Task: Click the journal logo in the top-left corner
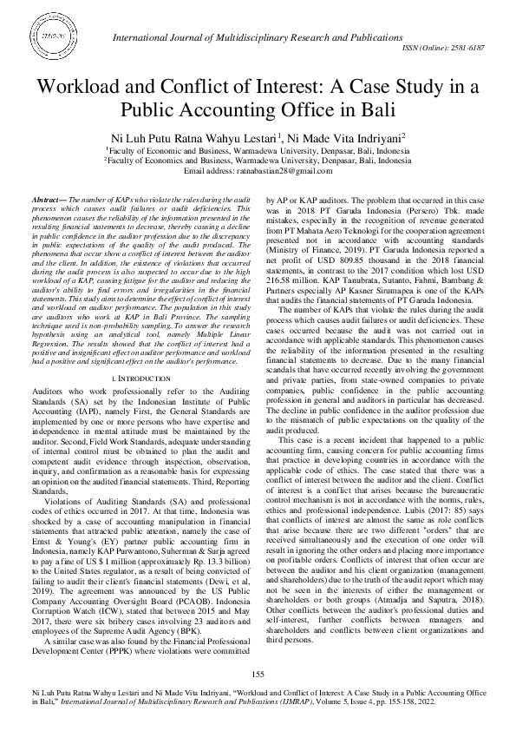54,40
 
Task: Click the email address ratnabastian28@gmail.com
287,170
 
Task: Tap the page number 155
258,675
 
